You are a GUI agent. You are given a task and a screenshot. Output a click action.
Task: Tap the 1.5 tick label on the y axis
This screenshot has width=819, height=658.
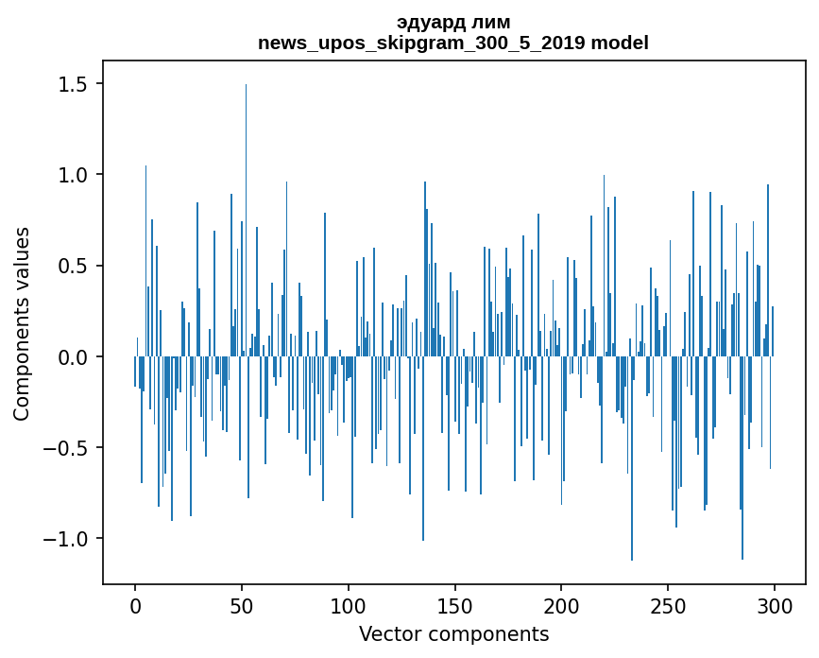pyautogui.click(x=72, y=84)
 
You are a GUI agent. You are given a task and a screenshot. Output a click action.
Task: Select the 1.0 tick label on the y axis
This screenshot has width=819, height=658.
pyautogui.click(x=72, y=175)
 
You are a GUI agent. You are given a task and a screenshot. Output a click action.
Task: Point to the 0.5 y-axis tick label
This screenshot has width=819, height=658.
pyautogui.click(x=72, y=266)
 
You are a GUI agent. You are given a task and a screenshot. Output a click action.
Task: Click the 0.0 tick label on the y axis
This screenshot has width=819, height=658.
pyautogui.click(x=72, y=356)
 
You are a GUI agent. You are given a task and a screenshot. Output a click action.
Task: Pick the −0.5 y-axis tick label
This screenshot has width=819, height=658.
pyautogui.click(x=65, y=448)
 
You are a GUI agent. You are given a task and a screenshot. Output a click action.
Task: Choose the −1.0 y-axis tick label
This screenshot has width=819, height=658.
pyautogui.click(x=65, y=539)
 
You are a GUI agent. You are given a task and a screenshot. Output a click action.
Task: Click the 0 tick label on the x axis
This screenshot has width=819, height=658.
pyautogui.click(x=135, y=606)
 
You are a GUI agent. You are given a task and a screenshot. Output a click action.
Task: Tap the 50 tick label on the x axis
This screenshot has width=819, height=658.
pyautogui.click(x=242, y=606)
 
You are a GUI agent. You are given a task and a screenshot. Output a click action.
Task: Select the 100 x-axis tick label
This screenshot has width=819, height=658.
pyautogui.click(x=349, y=606)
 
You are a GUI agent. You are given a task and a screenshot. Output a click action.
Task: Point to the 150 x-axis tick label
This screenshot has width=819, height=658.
pyautogui.click(x=454, y=606)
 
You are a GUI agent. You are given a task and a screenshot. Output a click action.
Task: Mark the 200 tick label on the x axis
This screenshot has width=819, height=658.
pyautogui.click(x=561, y=606)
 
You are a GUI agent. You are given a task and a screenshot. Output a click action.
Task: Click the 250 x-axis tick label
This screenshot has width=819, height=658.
pyautogui.click(x=668, y=606)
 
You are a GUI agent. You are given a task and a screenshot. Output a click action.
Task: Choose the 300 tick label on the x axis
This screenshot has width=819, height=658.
pyautogui.click(x=775, y=606)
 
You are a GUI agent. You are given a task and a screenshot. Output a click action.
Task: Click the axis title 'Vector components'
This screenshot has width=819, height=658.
pyautogui.click(x=453, y=633)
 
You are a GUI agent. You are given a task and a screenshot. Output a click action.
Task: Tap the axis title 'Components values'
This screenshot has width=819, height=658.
pyautogui.click(x=22, y=323)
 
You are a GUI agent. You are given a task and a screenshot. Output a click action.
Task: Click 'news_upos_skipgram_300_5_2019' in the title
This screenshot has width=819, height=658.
pyautogui.click(x=423, y=43)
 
